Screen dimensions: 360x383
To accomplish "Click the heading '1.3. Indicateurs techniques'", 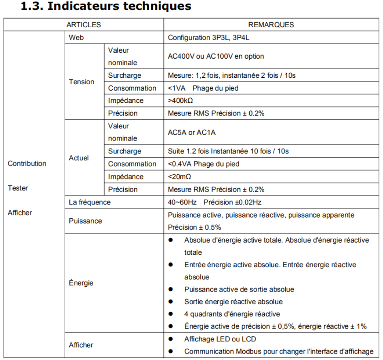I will (106, 6).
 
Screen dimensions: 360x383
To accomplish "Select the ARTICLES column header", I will (83, 25).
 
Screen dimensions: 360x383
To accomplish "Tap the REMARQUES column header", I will (271, 25).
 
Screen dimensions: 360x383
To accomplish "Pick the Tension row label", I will (81, 82).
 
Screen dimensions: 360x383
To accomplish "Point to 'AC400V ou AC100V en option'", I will (216, 56).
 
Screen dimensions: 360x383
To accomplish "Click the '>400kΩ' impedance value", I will (180, 101).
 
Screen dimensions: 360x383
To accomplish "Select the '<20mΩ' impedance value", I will (180, 177).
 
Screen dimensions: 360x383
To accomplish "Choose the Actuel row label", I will (79, 158).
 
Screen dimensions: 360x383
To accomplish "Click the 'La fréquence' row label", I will (90, 202).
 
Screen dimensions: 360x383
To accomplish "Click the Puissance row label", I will (86, 221).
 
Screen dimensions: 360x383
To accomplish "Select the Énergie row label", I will (81, 283).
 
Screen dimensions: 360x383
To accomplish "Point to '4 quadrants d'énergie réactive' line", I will (232, 314).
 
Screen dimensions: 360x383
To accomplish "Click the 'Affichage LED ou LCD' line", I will (220, 339).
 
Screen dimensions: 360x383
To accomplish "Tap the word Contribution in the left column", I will (27, 164).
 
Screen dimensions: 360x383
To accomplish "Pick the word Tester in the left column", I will (18, 188).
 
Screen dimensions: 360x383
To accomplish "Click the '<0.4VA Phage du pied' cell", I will (203, 164).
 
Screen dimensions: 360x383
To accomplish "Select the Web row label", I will (77, 38).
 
